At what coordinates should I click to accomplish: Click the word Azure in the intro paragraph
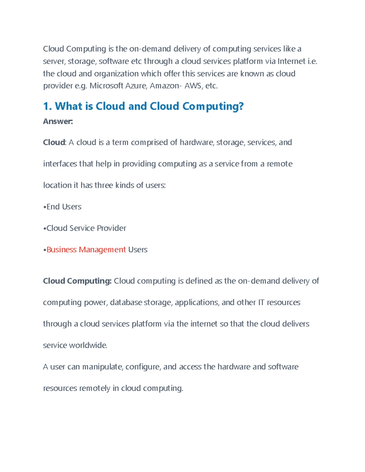pos(136,86)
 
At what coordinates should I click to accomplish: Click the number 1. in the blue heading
pos(47,106)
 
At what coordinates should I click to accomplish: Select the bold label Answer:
pos(58,122)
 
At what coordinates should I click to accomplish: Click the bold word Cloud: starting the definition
pos(54,143)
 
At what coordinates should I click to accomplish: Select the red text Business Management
pos(86,250)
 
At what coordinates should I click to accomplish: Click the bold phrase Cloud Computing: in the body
pos(77,281)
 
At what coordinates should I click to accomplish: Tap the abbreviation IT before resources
pos(261,303)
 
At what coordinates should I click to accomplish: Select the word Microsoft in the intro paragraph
pos(106,86)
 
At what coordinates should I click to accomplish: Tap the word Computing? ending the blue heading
pos(213,106)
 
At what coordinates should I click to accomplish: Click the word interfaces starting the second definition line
pos(60,164)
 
